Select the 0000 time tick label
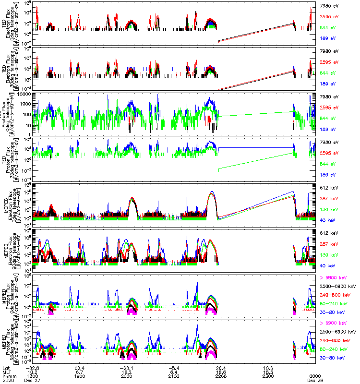tap(314, 376)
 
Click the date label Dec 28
tap(314, 381)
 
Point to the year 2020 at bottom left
tap(7, 381)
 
